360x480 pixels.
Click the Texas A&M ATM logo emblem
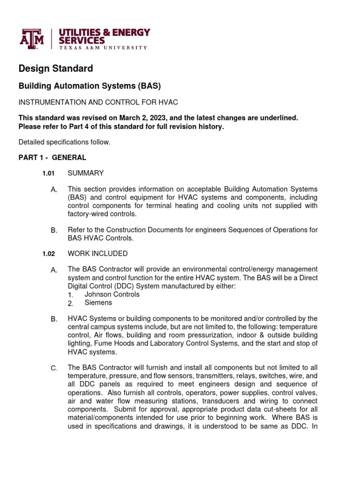tap(31, 38)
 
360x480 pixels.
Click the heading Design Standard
tap(55, 68)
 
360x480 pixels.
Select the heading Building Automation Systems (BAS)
tap(89, 86)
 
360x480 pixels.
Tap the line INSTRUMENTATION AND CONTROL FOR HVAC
tap(98, 102)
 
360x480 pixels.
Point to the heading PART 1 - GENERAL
tap(52, 157)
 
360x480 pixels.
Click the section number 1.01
tap(48, 173)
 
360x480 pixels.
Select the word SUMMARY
tap(86, 173)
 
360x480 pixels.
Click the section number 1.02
tap(48, 254)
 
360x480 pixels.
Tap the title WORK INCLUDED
tap(97, 254)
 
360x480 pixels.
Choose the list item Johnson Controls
tap(112, 294)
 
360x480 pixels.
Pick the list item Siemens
tap(98, 303)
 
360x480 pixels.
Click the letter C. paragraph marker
tap(54, 368)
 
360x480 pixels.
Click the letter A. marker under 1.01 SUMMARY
tap(54, 189)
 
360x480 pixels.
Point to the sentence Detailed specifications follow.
tap(65, 142)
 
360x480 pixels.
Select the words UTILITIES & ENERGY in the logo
tap(104, 32)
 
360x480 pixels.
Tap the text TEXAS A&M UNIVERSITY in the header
tap(102, 48)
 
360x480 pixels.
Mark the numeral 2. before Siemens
tap(70, 303)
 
